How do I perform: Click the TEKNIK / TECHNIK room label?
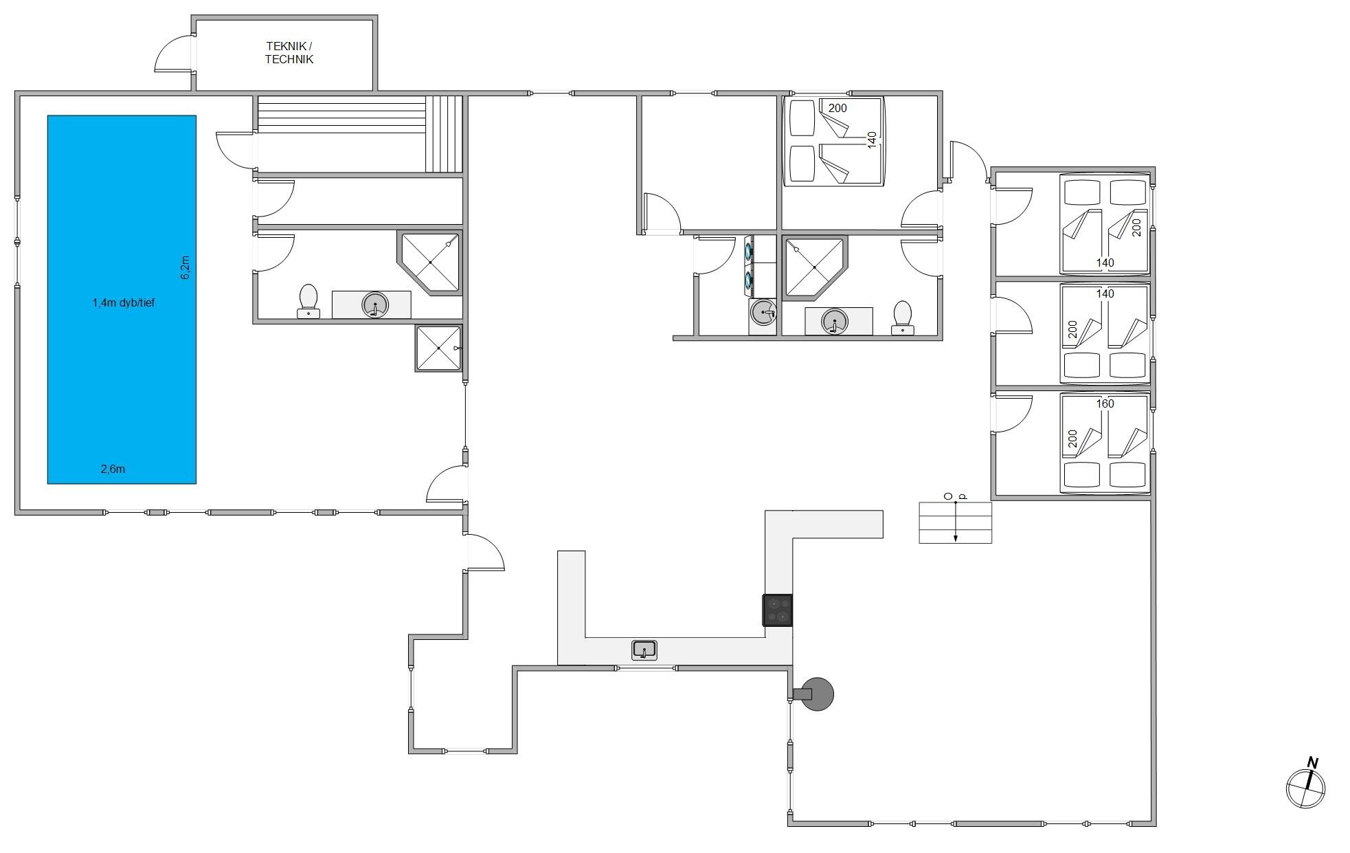[x=289, y=53]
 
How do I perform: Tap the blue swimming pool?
[x=122, y=299]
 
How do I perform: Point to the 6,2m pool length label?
[x=185, y=267]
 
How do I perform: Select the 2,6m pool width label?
[x=113, y=469]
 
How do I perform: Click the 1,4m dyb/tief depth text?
[x=124, y=302]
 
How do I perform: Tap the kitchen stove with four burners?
[x=778, y=610]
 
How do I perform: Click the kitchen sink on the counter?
[x=644, y=650]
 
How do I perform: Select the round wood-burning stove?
[x=814, y=694]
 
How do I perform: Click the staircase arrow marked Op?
[x=956, y=522]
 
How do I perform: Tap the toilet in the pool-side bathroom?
[x=308, y=301]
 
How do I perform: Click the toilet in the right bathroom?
[x=902, y=318]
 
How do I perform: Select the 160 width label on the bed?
[x=1105, y=403]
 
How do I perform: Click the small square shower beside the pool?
[x=438, y=348]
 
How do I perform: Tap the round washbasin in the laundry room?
[x=763, y=313]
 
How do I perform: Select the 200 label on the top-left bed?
[x=837, y=108]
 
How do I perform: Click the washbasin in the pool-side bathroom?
[x=374, y=304]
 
